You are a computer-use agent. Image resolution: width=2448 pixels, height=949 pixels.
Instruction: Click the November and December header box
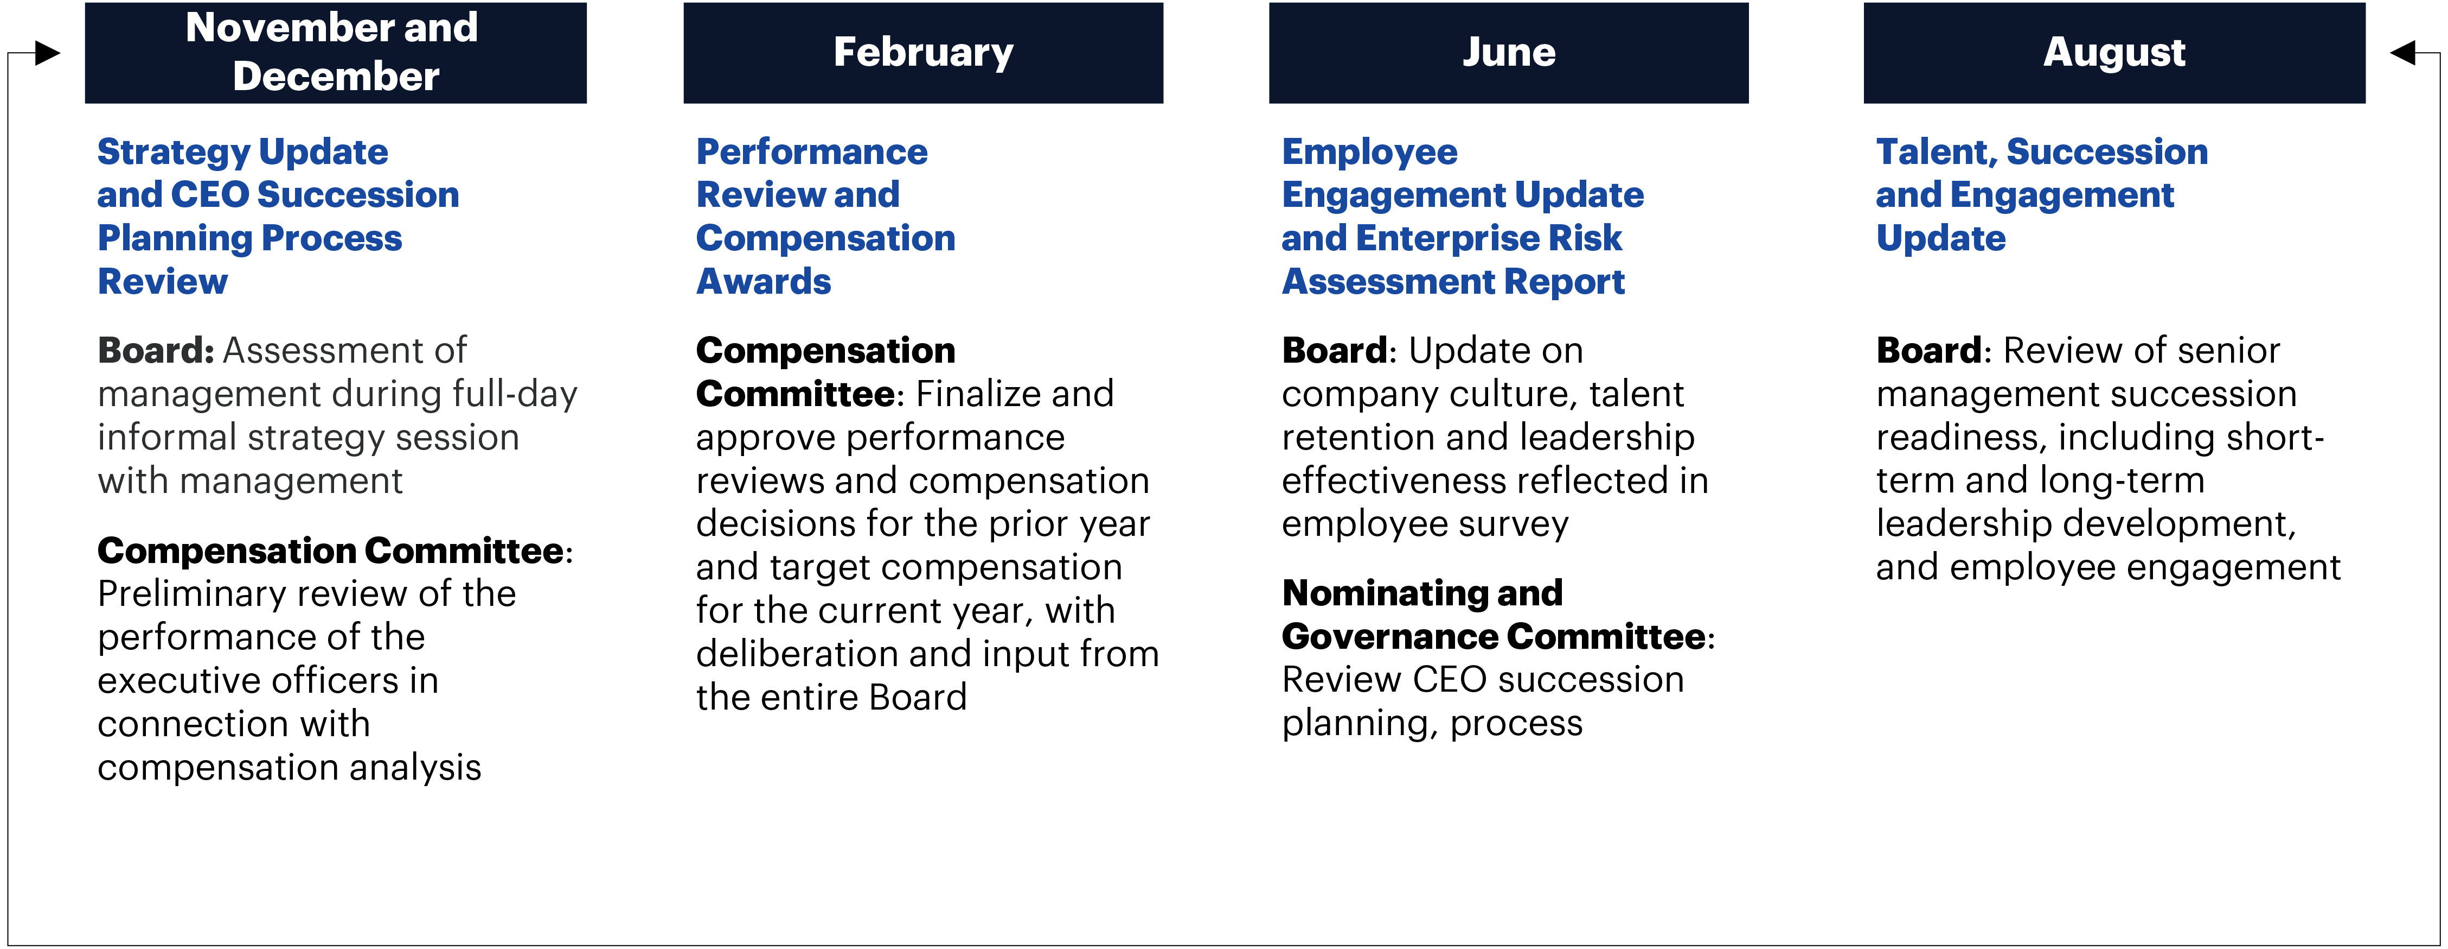[x=336, y=52]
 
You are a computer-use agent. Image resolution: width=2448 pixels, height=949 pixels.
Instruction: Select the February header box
[x=923, y=52]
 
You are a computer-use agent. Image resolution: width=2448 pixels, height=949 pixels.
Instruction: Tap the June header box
[x=1508, y=52]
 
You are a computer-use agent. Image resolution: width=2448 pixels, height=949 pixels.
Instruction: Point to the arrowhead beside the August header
[x=2402, y=53]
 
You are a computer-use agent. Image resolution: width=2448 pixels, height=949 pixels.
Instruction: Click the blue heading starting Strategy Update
[x=278, y=216]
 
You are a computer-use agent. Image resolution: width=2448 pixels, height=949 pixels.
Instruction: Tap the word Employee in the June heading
[x=1369, y=152]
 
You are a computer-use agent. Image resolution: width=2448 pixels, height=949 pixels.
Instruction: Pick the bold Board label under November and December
[x=156, y=351]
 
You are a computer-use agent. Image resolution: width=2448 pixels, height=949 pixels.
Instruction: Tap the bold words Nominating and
[x=1421, y=593]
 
